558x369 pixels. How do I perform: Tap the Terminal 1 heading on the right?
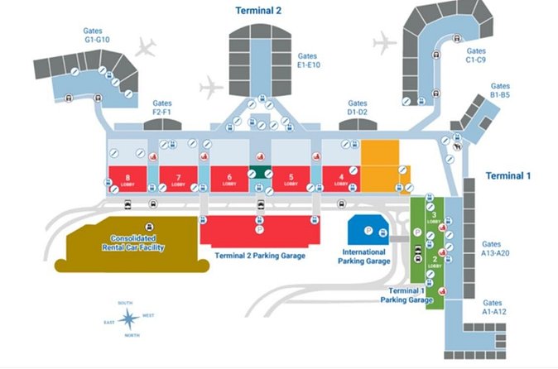pos(507,176)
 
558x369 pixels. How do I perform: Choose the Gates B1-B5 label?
pos(500,90)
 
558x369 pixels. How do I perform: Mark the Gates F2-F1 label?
pos(162,107)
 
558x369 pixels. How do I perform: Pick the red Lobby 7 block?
pos(176,180)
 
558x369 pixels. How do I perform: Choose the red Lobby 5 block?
pos(291,180)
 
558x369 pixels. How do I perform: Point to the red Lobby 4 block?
pos(340,180)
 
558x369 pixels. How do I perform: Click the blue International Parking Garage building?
pos(362,231)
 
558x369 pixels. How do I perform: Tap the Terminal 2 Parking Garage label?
pos(260,256)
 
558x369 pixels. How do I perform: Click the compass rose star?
pos(127,316)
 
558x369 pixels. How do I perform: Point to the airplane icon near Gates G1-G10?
pos(147,46)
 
